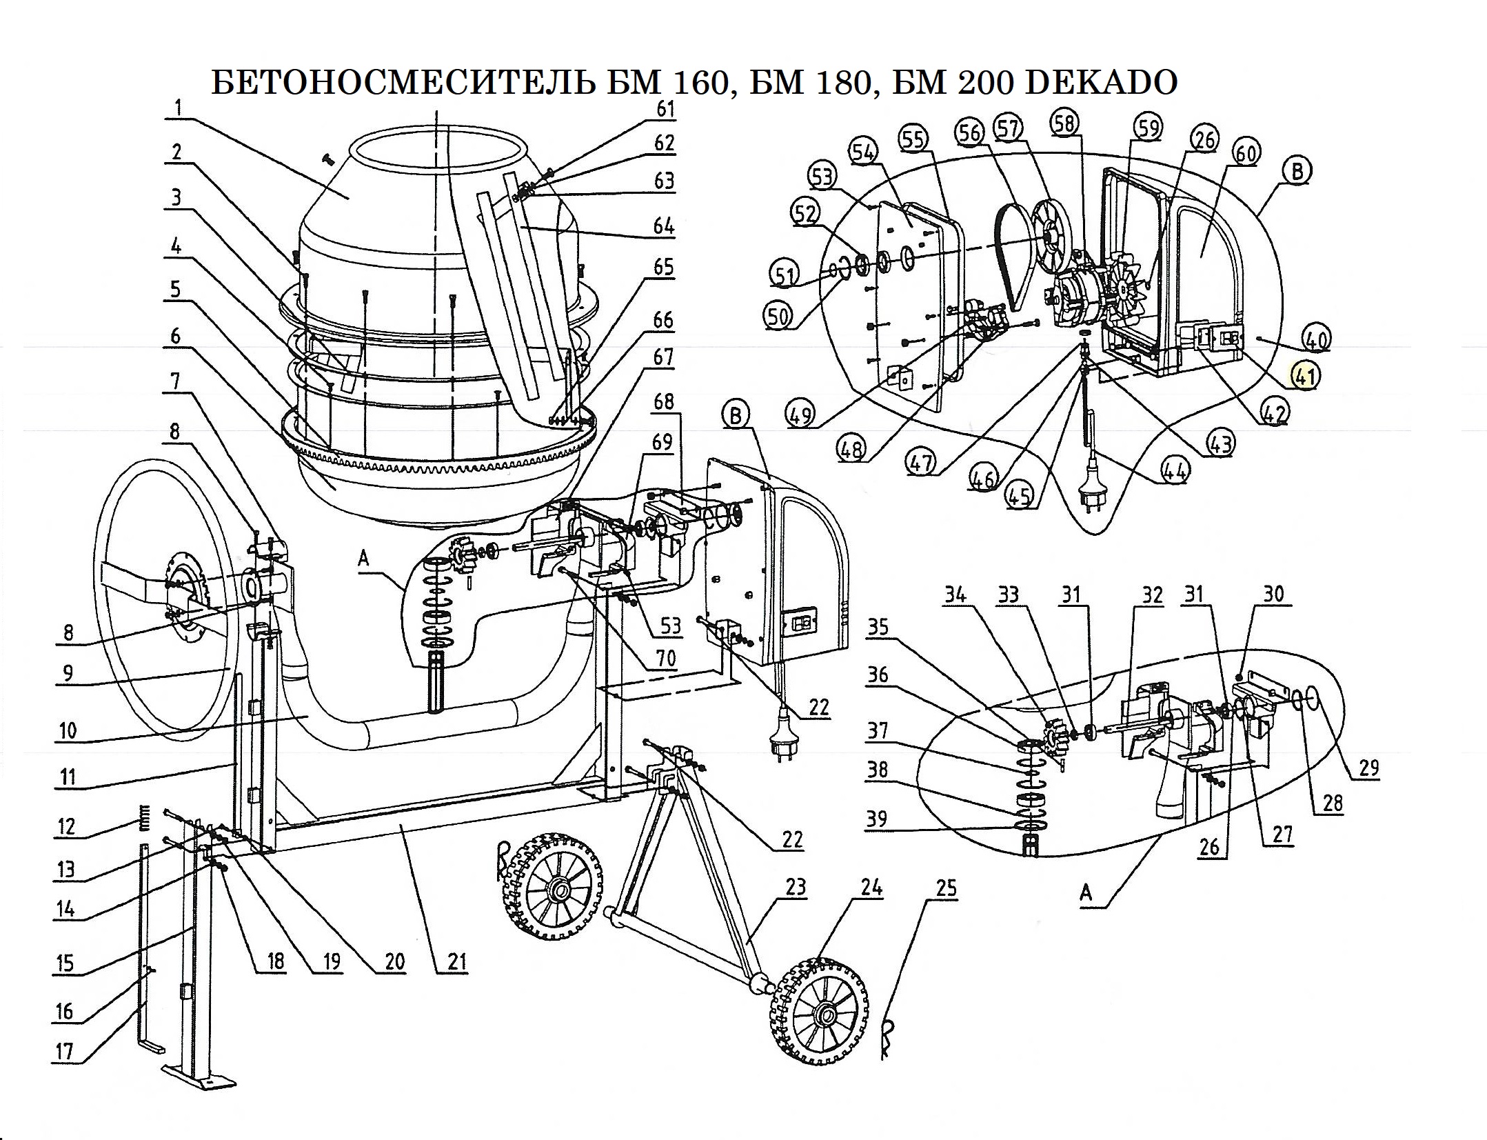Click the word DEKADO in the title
point(1102,83)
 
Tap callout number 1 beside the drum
point(178,108)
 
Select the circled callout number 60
point(1246,153)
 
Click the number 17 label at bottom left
point(65,1051)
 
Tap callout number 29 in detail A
point(1368,768)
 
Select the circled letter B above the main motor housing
point(736,417)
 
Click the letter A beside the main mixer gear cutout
point(363,558)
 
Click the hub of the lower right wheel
point(824,1015)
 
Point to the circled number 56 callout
point(971,132)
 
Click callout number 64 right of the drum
point(664,226)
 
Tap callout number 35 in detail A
point(878,627)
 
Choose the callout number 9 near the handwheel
point(67,672)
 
